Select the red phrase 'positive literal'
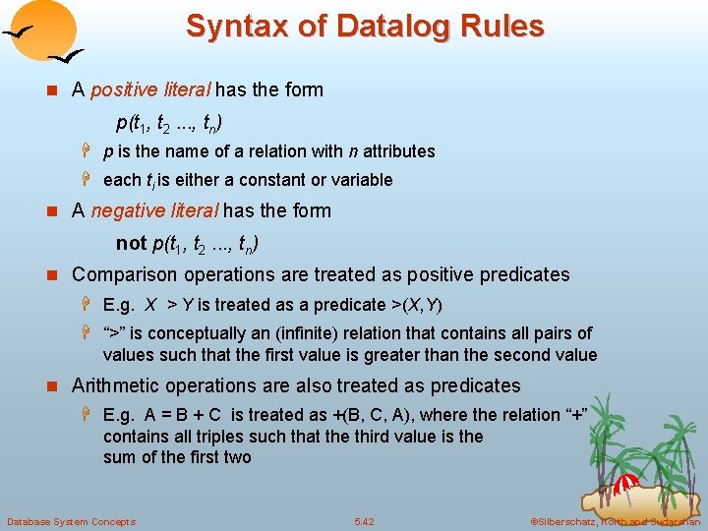pos(150,90)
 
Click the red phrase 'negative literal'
pos(156,210)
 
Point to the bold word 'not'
pos(131,243)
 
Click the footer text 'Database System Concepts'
pos(71,521)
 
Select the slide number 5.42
pos(364,521)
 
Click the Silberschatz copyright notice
pos(614,521)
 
